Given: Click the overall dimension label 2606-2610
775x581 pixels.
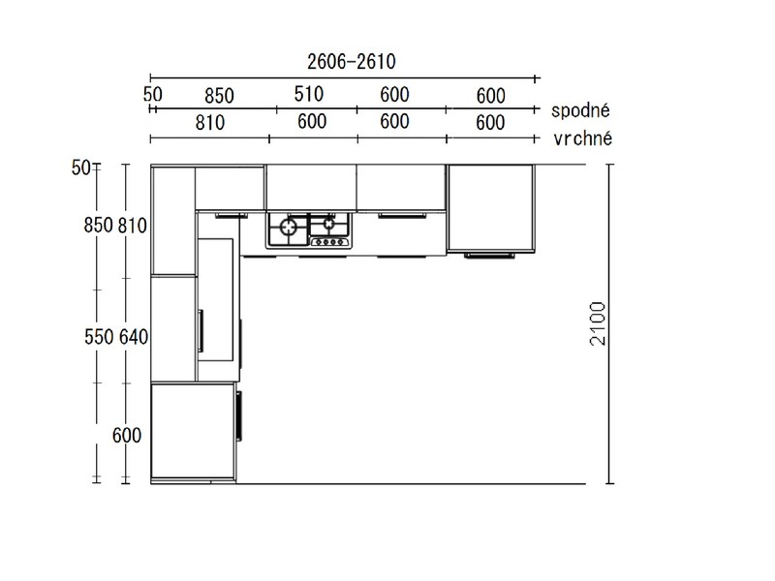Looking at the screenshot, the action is [x=352, y=62].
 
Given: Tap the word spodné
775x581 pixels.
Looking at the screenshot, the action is [x=580, y=110].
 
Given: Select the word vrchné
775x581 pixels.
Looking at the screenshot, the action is [x=583, y=138].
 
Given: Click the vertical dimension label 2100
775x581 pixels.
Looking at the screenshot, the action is [x=598, y=323].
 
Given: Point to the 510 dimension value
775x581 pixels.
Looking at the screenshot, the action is [x=309, y=94].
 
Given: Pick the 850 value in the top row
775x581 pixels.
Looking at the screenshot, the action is [x=219, y=96].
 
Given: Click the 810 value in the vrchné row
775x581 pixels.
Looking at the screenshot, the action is [x=210, y=123].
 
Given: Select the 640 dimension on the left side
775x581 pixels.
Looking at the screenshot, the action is [x=134, y=337].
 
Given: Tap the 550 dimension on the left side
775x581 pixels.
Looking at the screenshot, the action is [x=99, y=337].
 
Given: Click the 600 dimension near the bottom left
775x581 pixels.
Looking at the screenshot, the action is [x=127, y=435].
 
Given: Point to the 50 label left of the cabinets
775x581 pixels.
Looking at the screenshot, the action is [x=80, y=168].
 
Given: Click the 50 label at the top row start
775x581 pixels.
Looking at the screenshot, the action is [x=153, y=94].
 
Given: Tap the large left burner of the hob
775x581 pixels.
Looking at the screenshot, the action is [x=289, y=227].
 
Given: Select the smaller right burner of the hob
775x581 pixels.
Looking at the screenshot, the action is [x=328, y=224].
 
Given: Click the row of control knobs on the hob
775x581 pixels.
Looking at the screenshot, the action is [x=330, y=242].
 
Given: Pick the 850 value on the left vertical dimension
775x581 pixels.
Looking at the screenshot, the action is [x=99, y=226].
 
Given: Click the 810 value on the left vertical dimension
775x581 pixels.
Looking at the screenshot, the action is [x=133, y=226].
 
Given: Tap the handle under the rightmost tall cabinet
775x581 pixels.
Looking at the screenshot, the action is [x=489, y=256].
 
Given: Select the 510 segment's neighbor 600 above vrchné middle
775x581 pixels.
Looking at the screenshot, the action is [x=312, y=122].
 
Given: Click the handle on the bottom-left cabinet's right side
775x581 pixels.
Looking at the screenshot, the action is [x=239, y=415].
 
